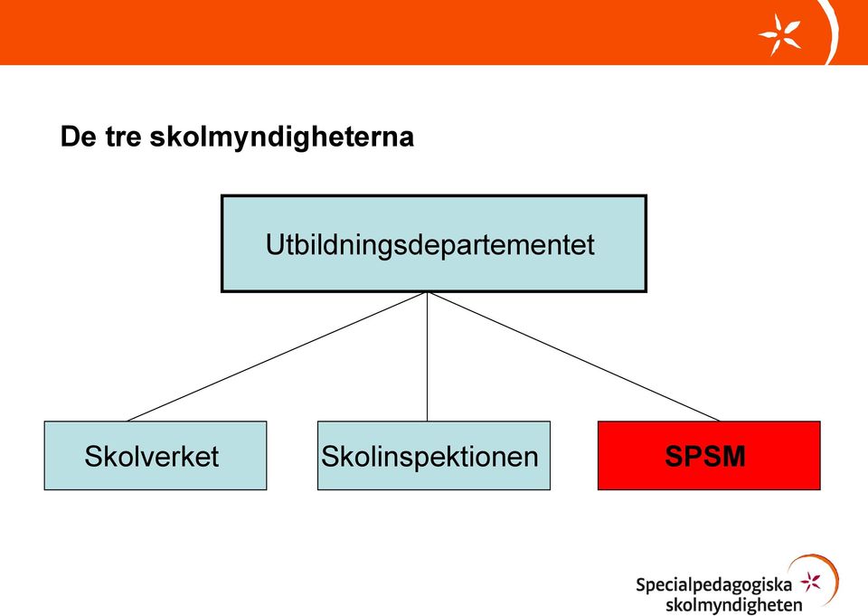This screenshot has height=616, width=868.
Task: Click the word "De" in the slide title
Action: click(78, 137)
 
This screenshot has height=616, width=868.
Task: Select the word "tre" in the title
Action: click(124, 137)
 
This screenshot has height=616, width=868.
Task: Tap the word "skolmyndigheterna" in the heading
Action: click(282, 137)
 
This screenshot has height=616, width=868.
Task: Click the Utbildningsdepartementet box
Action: click(434, 243)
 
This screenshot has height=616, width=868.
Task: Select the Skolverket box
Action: click(156, 455)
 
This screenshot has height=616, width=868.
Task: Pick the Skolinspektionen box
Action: click(434, 455)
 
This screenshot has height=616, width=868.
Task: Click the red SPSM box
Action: click(709, 455)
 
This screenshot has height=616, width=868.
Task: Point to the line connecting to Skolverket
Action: click(277, 356)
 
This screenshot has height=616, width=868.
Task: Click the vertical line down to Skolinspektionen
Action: click(428, 356)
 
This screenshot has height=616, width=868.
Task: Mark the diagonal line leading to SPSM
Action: click(573, 356)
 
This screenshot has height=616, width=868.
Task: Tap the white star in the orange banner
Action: click(779, 34)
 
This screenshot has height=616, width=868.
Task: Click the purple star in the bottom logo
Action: click(811, 582)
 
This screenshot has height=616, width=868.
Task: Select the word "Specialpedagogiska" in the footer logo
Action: click(714, 585)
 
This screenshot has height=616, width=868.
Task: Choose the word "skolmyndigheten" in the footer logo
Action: click(734, 605)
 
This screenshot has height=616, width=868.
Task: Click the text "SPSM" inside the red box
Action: click(705, 456)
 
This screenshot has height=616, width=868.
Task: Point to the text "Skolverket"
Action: click(152, 457)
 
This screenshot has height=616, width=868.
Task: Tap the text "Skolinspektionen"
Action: click(430, 457)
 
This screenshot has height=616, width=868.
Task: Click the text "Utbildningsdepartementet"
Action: click(430, 245)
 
